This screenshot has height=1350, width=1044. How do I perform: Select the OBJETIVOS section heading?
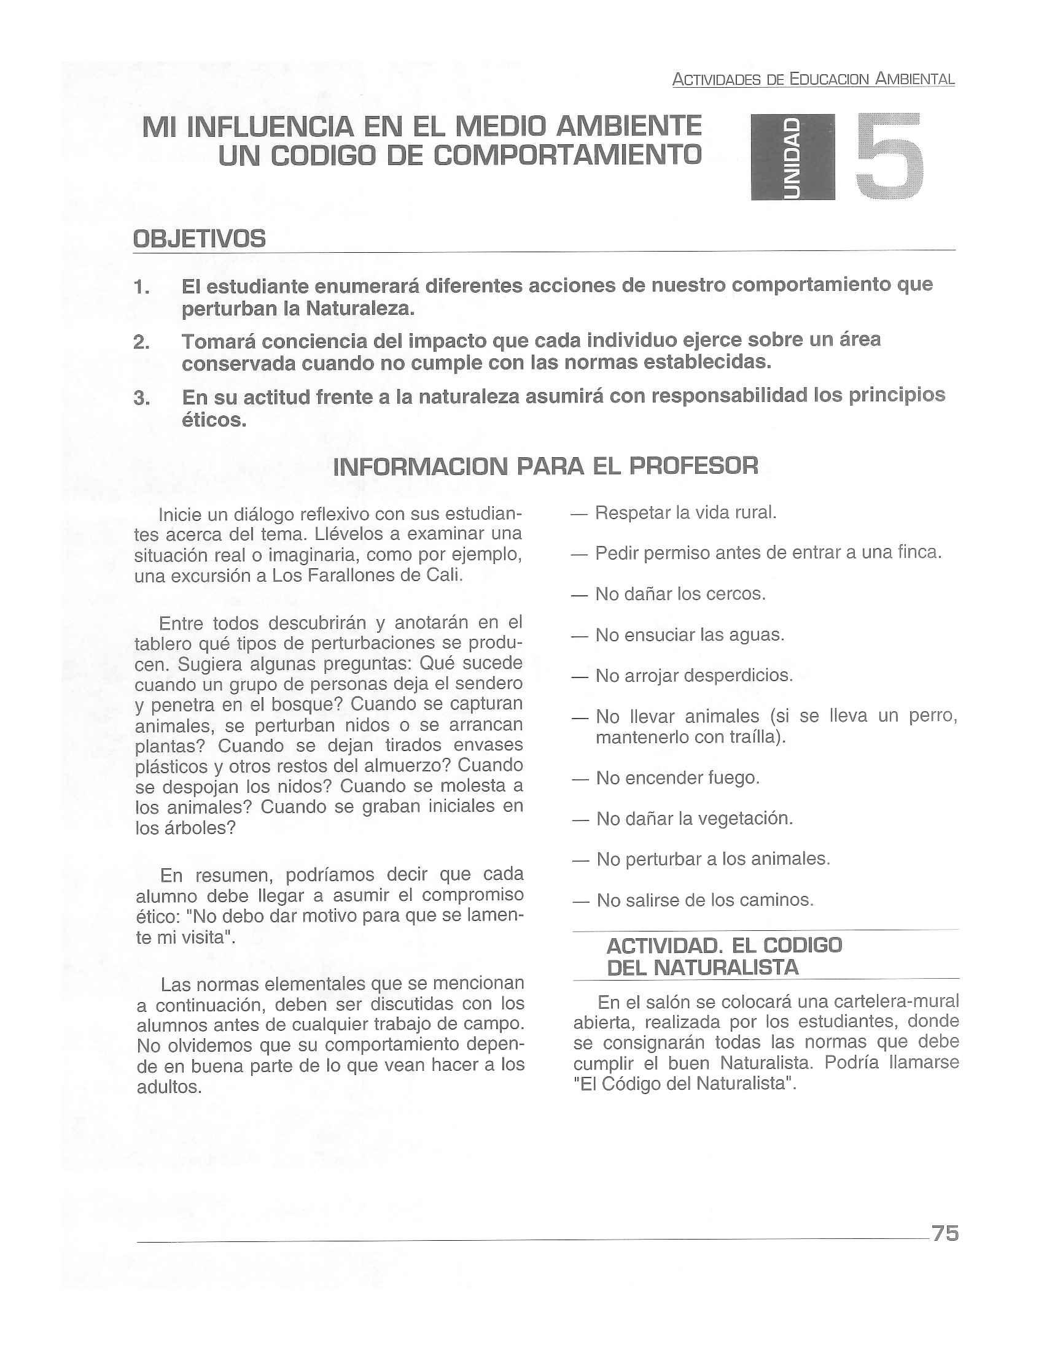point(200,239)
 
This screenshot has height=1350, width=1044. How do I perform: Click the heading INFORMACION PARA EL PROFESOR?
point(545,466)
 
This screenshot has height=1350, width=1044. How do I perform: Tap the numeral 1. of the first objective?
point(142,287)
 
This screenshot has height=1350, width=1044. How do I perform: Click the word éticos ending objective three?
point(213,420)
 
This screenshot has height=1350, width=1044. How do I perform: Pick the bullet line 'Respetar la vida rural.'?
point(685,512)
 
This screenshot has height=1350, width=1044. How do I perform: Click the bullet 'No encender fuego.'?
point(677,777)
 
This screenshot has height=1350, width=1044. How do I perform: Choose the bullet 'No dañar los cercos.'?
point(680,594)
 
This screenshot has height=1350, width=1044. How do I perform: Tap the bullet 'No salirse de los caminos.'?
point(704,900)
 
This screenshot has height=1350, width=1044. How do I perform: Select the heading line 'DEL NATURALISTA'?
point(703,967)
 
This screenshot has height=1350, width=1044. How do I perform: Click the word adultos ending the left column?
point(169,1087)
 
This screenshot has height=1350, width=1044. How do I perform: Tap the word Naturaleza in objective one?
point(359,309)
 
